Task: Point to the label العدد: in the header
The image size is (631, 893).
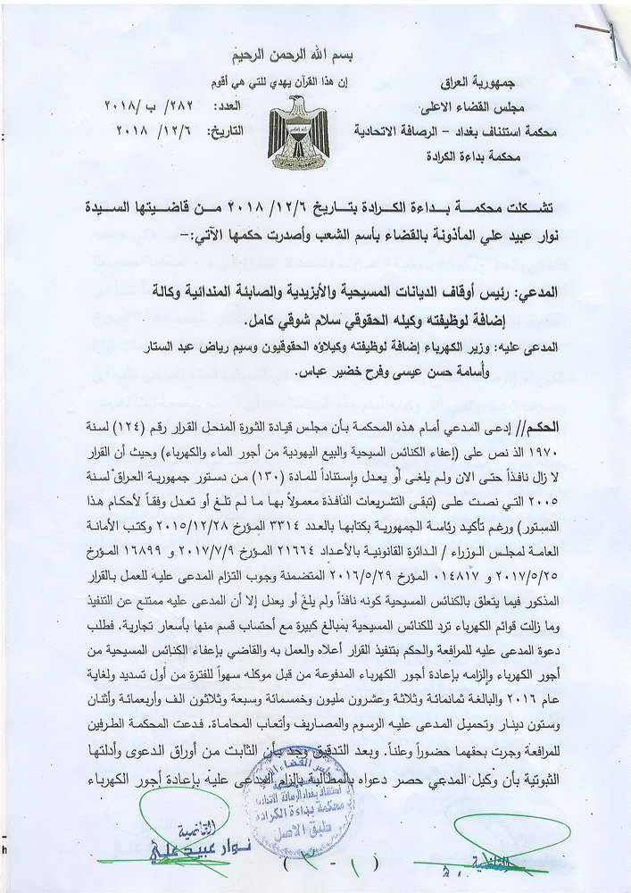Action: [226, 105]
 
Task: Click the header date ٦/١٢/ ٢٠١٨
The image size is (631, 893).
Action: [150, 130]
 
